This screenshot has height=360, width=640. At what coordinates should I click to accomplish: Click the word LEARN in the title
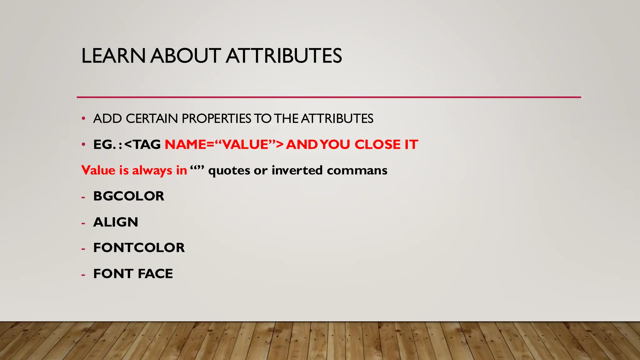coord(113,56)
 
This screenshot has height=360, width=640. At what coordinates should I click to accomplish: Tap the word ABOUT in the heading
coord(186,56)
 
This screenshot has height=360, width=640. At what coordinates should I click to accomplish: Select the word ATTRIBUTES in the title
coord(284,56)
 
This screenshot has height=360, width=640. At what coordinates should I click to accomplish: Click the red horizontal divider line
coord(328,97)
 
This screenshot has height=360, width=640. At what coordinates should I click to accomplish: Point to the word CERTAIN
coord(152,119)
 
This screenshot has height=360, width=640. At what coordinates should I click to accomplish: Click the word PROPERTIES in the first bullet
coord(216,119)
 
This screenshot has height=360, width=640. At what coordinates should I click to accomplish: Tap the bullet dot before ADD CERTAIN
coord(83,119)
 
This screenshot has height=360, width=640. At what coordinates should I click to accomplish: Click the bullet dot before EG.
coord(83,145)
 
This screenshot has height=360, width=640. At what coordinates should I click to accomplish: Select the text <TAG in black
coord(142,145)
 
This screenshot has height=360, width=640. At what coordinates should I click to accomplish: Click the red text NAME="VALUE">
coord(224,145)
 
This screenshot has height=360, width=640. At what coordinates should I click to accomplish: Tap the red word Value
coord(98,171)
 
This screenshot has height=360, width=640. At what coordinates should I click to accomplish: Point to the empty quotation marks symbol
coord(197,169)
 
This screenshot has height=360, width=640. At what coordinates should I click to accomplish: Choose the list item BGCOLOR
coord(128,196)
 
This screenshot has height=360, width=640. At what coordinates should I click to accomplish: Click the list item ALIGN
coord(116,222)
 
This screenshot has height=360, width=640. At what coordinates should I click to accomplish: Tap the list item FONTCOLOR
coord(139,248)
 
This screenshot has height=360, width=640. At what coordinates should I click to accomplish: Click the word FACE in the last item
coord(155,274)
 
